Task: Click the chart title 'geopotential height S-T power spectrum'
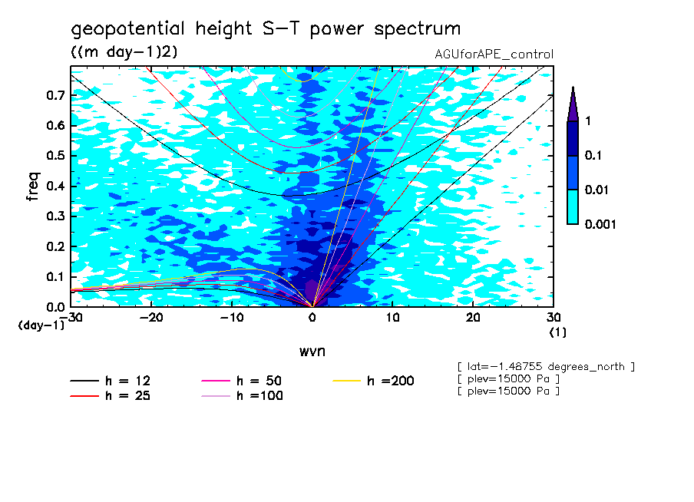[x=266, y=29]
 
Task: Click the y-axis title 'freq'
[x=33, y=187]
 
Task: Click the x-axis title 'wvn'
[x=312, y=351]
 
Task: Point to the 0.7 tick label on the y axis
[x=55, y=95]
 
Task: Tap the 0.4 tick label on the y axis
[x=55, y=187]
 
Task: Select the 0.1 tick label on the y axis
[x=55, y=277]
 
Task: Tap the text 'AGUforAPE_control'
[x=494, y=54]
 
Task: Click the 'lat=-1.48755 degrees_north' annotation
[x=546, y=367]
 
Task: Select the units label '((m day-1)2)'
[x=124, y=51]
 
